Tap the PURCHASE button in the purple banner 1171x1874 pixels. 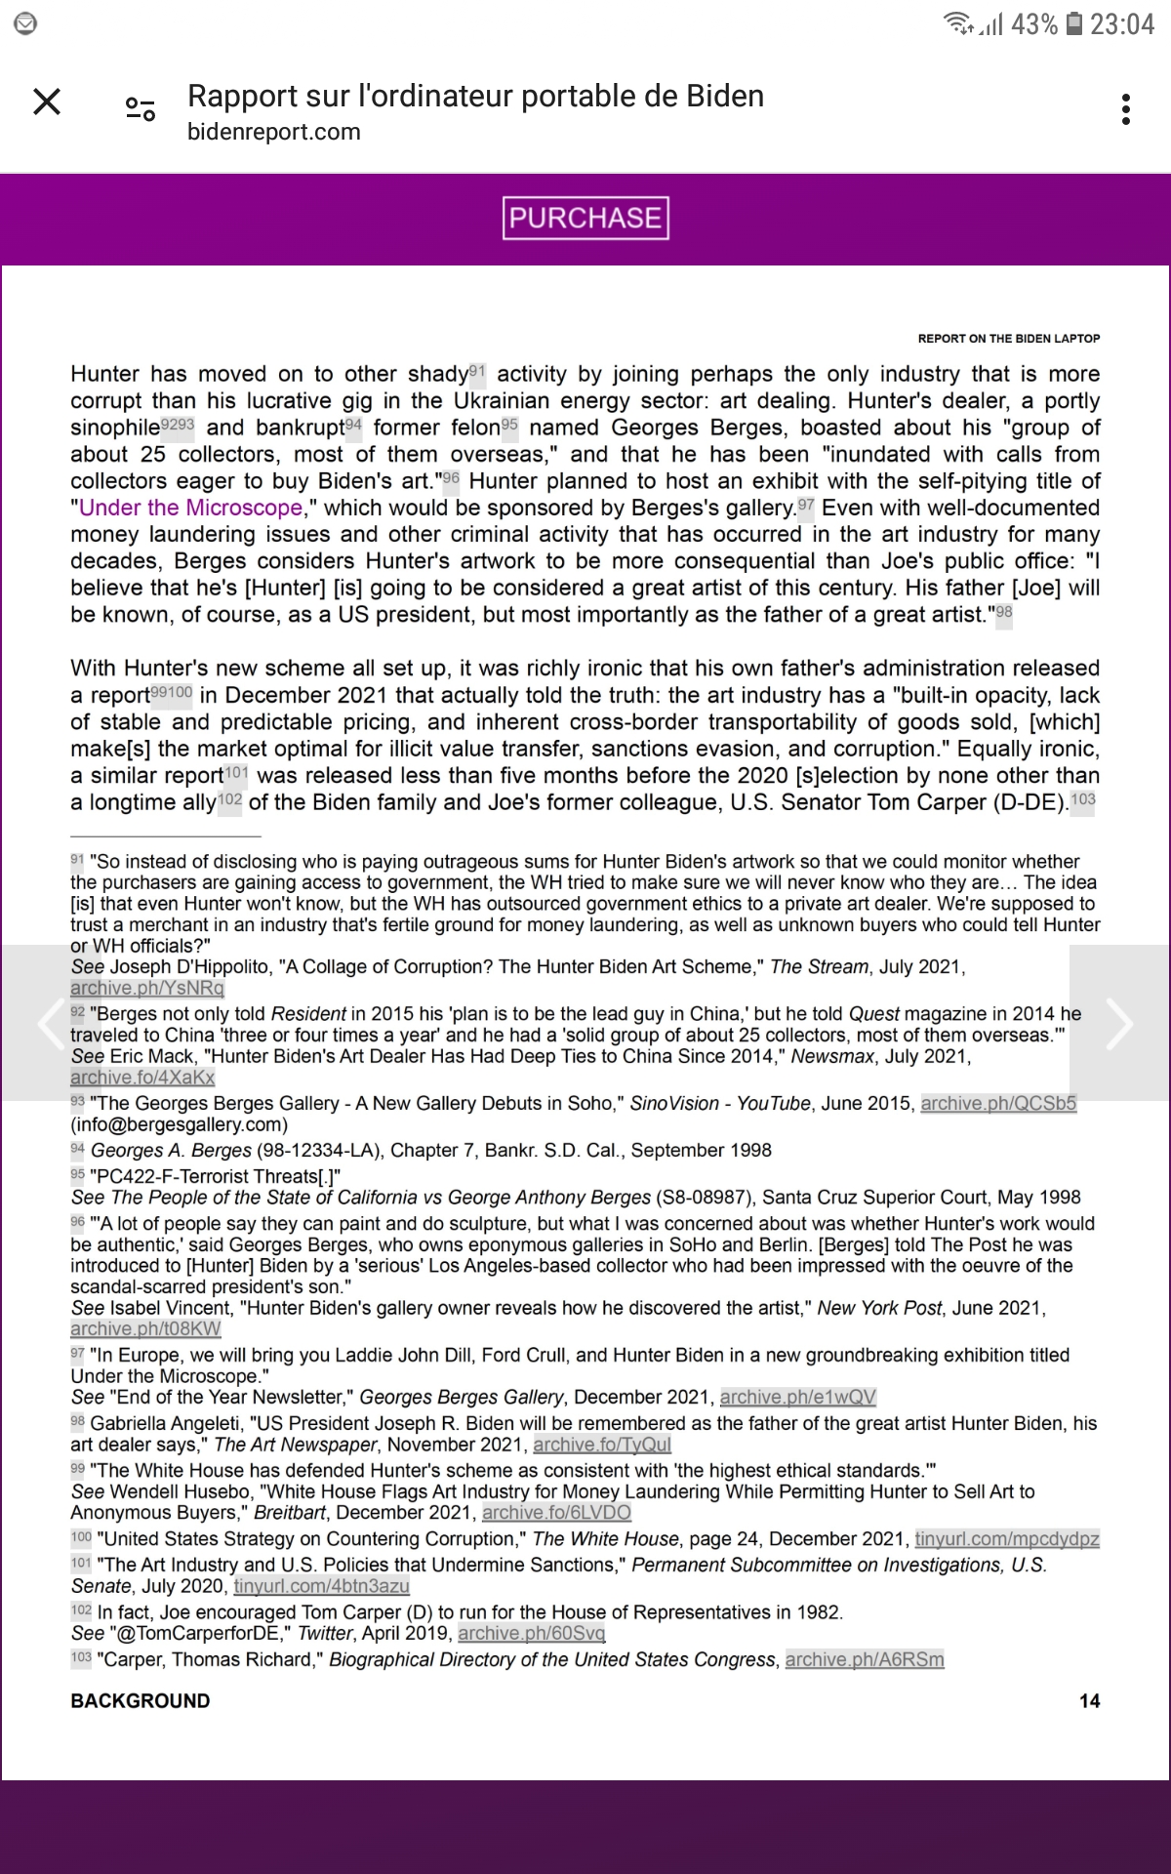click(585, 218)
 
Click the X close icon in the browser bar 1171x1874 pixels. click(47, 102)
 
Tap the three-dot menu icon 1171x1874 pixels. click(1126, 109)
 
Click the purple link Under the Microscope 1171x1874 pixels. click(190, 508)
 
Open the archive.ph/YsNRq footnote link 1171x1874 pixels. click(147, 988)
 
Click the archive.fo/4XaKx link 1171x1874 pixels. click(142, 1078)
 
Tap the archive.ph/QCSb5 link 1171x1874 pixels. click(998, 1103)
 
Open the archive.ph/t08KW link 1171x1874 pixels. click(145, 1328)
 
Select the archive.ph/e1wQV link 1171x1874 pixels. click(797, 1397)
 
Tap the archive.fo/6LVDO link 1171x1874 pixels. click(556, 1513)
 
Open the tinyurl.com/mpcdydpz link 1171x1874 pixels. click(1006, 1539)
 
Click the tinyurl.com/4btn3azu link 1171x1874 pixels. click(321, 1586)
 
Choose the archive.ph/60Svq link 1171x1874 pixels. click(531, 1633)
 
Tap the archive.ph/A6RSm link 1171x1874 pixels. click(865, 1659)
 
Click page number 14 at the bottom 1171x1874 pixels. click(1089, 1701)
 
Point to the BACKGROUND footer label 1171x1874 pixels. click(140, 1701)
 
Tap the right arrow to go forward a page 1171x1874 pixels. click(1118, 1023)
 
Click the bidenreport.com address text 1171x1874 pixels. click(273, 132)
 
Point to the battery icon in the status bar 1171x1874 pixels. click(1073, 23)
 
